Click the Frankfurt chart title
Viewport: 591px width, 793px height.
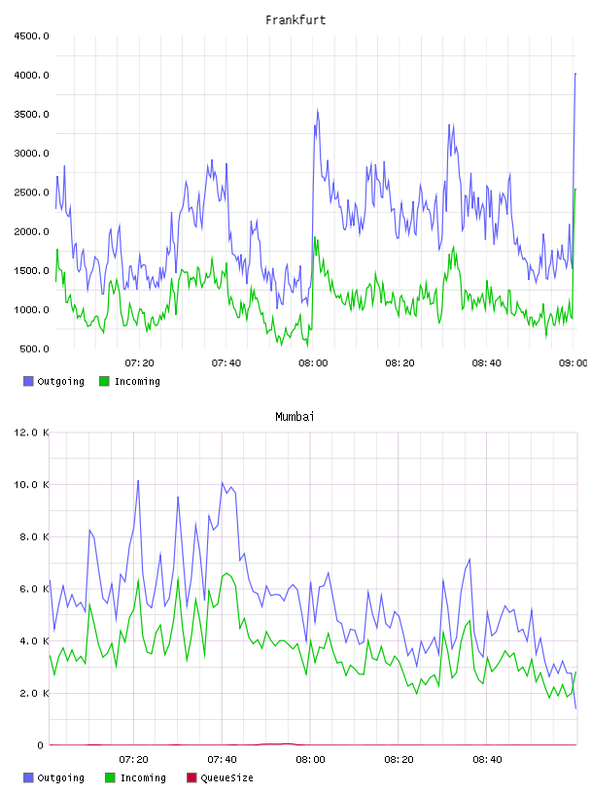295,20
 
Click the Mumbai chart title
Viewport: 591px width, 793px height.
295,417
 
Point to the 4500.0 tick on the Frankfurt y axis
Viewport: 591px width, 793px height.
31,36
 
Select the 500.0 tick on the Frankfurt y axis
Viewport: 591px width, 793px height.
34,349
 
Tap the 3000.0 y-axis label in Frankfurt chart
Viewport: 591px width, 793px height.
31,154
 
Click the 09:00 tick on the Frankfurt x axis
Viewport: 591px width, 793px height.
573,363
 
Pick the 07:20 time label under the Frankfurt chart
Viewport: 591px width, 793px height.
140,363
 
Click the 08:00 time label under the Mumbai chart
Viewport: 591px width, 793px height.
310,760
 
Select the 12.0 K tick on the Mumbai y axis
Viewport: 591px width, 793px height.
31,432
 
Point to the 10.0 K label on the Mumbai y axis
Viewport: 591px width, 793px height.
31,485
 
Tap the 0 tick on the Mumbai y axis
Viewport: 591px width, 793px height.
41,745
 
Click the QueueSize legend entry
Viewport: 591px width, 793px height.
220,777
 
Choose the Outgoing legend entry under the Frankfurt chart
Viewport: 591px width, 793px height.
54,381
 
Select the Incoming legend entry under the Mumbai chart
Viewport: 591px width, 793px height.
136,777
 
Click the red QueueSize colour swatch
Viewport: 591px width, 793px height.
191,777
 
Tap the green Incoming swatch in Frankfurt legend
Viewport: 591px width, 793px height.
104,381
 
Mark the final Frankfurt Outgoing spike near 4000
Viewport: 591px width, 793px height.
575,74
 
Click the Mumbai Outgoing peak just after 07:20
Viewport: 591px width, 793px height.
138,480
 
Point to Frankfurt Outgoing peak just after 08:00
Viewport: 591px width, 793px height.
318,109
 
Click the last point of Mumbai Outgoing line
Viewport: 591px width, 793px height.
575,708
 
